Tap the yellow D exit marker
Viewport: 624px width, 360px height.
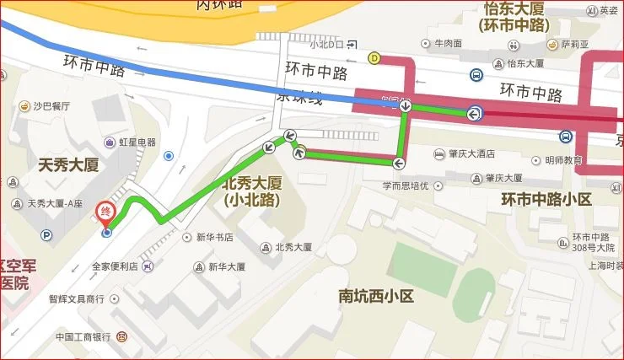coord(374,58)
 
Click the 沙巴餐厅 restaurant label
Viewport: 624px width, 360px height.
coord(51,106)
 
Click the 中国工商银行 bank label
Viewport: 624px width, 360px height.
coord(83,336)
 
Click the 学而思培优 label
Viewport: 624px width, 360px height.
coord(406,185)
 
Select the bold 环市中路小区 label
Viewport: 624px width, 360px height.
coord(546,200)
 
